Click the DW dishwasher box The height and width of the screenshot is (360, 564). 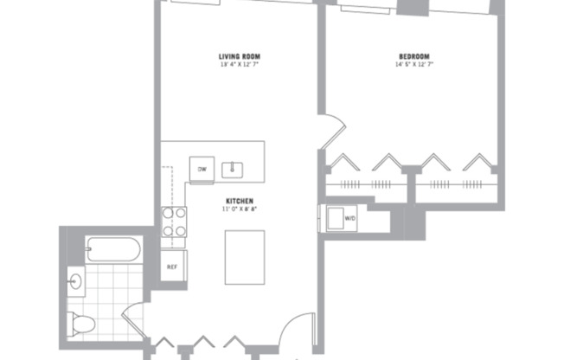202,169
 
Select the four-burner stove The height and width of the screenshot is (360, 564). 175,222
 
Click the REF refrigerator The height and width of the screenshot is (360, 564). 172,266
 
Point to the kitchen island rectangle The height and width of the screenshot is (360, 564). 244,257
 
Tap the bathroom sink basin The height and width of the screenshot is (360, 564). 74,280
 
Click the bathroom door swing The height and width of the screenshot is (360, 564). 133,318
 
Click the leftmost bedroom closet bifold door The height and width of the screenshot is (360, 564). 343,162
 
